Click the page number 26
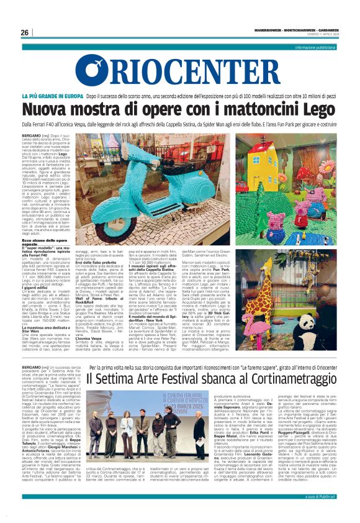[x=24, y=32]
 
